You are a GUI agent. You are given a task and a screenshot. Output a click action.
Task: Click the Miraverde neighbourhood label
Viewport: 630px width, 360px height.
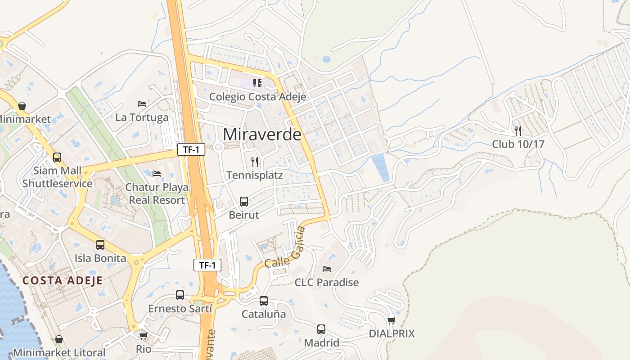pyautogui.click(x=262, y=134)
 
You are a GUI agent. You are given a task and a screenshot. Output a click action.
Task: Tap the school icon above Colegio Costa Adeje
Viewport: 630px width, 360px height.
pyautogui.click(x=257, y=83)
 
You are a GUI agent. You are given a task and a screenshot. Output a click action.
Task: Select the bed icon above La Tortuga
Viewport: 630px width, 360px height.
pyautogui.click(x=142, y=104)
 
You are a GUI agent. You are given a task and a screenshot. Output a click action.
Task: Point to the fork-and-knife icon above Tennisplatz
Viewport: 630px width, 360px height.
pyautogui.click(x=255, y=162)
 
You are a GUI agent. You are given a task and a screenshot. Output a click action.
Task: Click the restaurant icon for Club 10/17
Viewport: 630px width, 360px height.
pyautogui.click(x=518, y=130)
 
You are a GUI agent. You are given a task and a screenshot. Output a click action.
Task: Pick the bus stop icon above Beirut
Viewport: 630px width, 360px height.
pyautogui.click(x=244, y=201)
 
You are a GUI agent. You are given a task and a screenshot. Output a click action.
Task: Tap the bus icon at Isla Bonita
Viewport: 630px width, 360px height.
pyautogui.click(x=100, y=245)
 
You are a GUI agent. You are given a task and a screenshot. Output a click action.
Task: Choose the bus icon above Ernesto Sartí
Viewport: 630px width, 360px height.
pyautogui.click(x=180, y=295)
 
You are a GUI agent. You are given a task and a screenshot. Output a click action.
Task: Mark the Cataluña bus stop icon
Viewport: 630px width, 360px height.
pyautogui.click(x=264, y=301)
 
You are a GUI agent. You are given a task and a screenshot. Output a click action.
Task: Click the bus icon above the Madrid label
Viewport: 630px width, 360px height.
pyautogui.click(x=321, y=329)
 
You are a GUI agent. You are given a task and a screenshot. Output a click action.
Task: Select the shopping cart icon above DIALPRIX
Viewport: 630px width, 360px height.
pyautogui.click(x=391, y=320)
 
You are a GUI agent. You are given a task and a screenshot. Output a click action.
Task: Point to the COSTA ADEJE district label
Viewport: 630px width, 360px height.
pyautogui.click(x=63, y=280)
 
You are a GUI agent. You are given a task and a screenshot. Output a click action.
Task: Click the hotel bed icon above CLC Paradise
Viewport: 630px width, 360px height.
pyautogui.click(x=327, y=269)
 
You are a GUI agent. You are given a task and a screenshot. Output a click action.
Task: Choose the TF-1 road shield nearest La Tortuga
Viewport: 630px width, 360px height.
pyautogui.click(x=191, y=150)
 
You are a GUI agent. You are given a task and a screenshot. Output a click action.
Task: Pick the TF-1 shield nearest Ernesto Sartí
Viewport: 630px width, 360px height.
pyautogui.click(x=207, y=265)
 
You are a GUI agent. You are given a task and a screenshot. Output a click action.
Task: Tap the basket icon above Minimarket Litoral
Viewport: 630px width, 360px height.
pyautogui.click(x=59, y=339)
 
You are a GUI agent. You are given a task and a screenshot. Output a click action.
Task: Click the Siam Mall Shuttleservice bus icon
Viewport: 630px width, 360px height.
pyautogui.click(x=57, y=157)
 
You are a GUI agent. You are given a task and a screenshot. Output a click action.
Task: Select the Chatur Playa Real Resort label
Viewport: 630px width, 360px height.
pyautogui.click(x=157, y=193)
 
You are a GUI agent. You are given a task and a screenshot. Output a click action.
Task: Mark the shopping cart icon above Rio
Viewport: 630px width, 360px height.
pyautogui.click(x=144, y=336)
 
